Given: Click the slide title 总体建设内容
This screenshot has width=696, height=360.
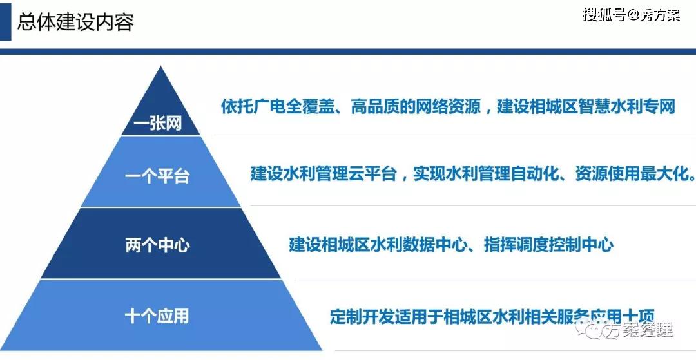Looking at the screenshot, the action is coord(75,22).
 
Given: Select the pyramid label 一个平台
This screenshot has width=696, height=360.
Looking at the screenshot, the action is coord(157,176).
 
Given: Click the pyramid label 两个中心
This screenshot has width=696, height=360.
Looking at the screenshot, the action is coord(158,245).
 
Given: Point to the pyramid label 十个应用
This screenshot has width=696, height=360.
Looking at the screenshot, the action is coord(157,316).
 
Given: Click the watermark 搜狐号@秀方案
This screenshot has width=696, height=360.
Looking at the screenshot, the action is coord(632,15).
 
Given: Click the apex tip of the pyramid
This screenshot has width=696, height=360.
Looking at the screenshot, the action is coord(160,67).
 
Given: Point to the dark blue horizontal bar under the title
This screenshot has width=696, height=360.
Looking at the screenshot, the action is coord(348,52).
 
